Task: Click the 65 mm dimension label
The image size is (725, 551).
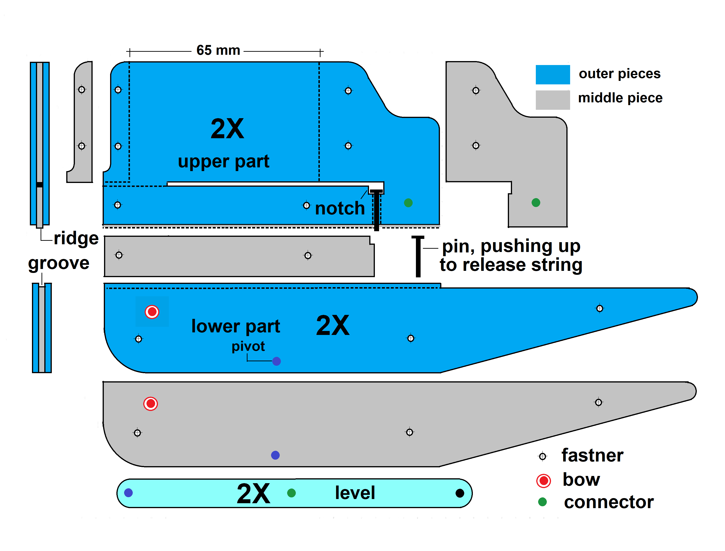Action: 218,50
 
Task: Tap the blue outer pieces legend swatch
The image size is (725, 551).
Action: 552,74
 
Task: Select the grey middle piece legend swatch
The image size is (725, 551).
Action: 552,100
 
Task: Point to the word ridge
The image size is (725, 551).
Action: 76,238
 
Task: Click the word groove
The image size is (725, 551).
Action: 59,263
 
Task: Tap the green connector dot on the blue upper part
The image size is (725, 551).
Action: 408,203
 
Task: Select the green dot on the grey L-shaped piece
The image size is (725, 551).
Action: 536,202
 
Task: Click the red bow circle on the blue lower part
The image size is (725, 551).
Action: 152,312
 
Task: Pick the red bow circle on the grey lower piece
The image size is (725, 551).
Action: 151,403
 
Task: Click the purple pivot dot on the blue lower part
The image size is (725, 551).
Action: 276,361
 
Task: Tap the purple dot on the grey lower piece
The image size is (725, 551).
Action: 275,455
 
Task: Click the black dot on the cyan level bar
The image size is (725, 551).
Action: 460,493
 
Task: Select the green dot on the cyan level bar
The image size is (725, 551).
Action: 291,493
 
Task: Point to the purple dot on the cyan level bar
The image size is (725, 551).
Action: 128,493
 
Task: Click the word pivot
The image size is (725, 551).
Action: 248,346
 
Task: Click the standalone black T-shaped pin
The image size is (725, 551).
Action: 418,256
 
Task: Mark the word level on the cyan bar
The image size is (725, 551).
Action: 355,493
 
